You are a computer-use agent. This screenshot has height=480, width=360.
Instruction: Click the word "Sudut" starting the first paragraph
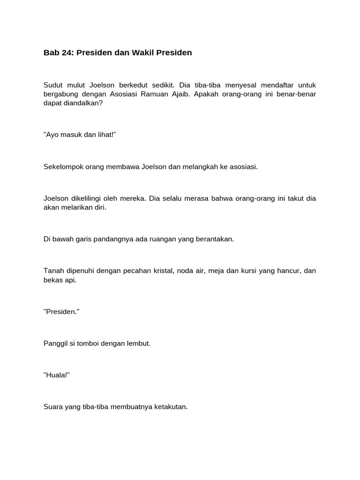pos(52,85)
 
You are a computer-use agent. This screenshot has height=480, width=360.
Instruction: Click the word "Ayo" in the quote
pos(51,135)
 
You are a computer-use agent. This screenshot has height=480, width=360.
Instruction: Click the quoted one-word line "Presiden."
pos(61,312)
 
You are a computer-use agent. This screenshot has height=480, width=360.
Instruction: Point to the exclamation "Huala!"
pos(56,375)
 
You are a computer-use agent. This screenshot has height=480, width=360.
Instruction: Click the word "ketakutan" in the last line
pos(171,407)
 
